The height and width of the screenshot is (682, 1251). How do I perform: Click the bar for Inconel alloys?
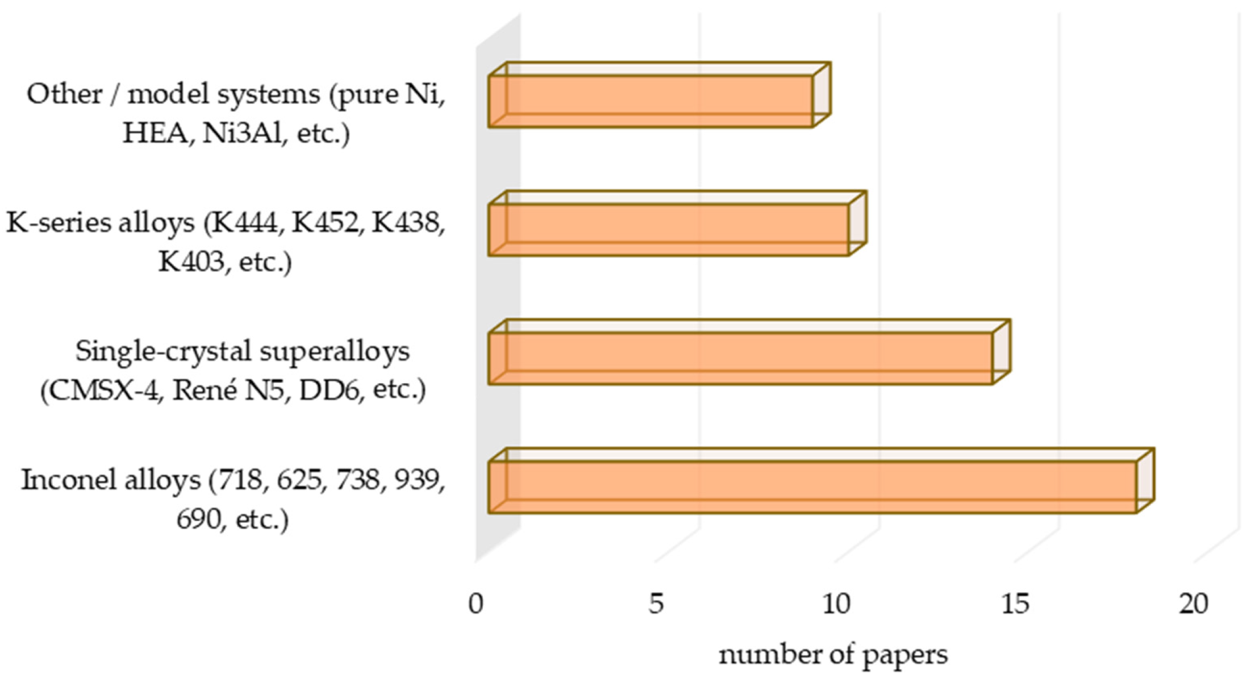821,481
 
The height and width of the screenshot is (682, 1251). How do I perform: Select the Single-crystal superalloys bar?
749,352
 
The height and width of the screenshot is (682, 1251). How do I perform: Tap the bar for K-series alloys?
677,223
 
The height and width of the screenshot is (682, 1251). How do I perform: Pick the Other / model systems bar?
659,95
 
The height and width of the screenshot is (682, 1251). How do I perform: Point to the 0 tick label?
476,604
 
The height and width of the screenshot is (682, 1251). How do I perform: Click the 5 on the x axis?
656,604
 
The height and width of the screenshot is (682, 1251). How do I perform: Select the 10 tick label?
836,604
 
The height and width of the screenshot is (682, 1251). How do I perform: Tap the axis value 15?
1015,604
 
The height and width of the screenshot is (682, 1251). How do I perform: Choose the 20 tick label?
1194,604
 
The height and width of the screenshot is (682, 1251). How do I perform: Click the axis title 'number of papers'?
833,655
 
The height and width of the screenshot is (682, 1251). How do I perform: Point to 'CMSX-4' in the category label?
103,391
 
